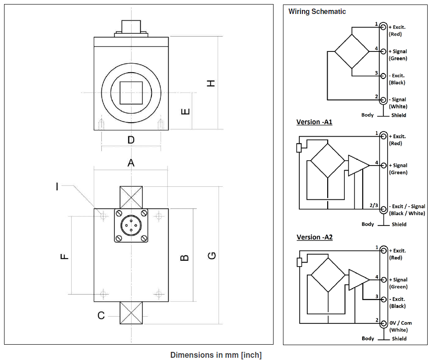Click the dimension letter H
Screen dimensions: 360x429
click(x=211, y=83)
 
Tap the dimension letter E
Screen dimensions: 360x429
click(x=185, y=111)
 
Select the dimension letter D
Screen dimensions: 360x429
click(x=131, y=140)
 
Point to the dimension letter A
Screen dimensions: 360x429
click(x=131, y=163)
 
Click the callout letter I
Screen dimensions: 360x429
click(x=57, y=186)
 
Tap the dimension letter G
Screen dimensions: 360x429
click(x=211, y=256)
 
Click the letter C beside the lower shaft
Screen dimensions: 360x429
click(x=101, y=315)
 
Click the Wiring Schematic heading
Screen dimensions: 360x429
click(x=317, y=12)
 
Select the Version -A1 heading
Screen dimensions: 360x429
click(x=314, y=122)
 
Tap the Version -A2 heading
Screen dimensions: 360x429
click(x=315, y=237)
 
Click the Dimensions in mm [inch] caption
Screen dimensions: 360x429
click(x=216, y=355)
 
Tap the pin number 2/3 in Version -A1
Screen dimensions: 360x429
click(x=374, y=205)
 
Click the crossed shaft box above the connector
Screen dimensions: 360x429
click(x=131, y=197)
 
